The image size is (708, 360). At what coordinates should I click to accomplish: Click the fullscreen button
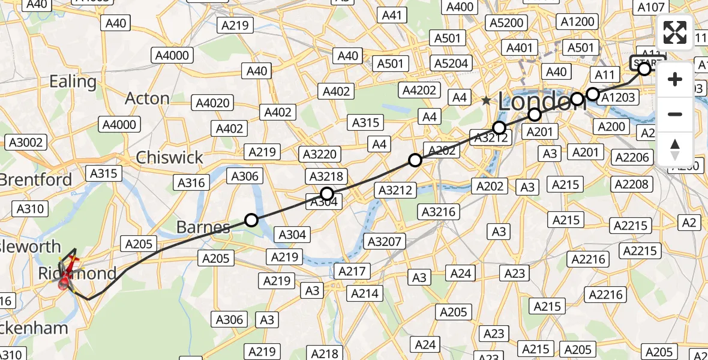(x=675, y=32)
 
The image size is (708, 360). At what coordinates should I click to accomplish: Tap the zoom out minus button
(x=675, y=114)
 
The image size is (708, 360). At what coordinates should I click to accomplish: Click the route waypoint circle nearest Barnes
(x=251, y=220)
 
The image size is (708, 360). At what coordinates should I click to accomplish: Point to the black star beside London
(x=486, y=101)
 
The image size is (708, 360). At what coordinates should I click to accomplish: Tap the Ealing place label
(x=73, y=82)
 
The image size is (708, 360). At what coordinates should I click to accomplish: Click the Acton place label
(x=148, y=98)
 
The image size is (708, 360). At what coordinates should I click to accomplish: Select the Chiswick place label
(x=169, y=158)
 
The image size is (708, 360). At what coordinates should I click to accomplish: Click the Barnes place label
(x=203, y=227)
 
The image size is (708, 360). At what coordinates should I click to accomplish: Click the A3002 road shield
(x=25, y=142)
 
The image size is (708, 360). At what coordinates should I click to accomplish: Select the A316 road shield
(x=191, y=183)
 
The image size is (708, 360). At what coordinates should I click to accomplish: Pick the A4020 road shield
(x=213, y=103)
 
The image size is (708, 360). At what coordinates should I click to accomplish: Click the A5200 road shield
(x=507, y=23)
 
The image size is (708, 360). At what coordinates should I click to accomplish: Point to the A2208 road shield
(x=631, y=184)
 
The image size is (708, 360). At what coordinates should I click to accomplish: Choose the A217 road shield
(x=352, y=271)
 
